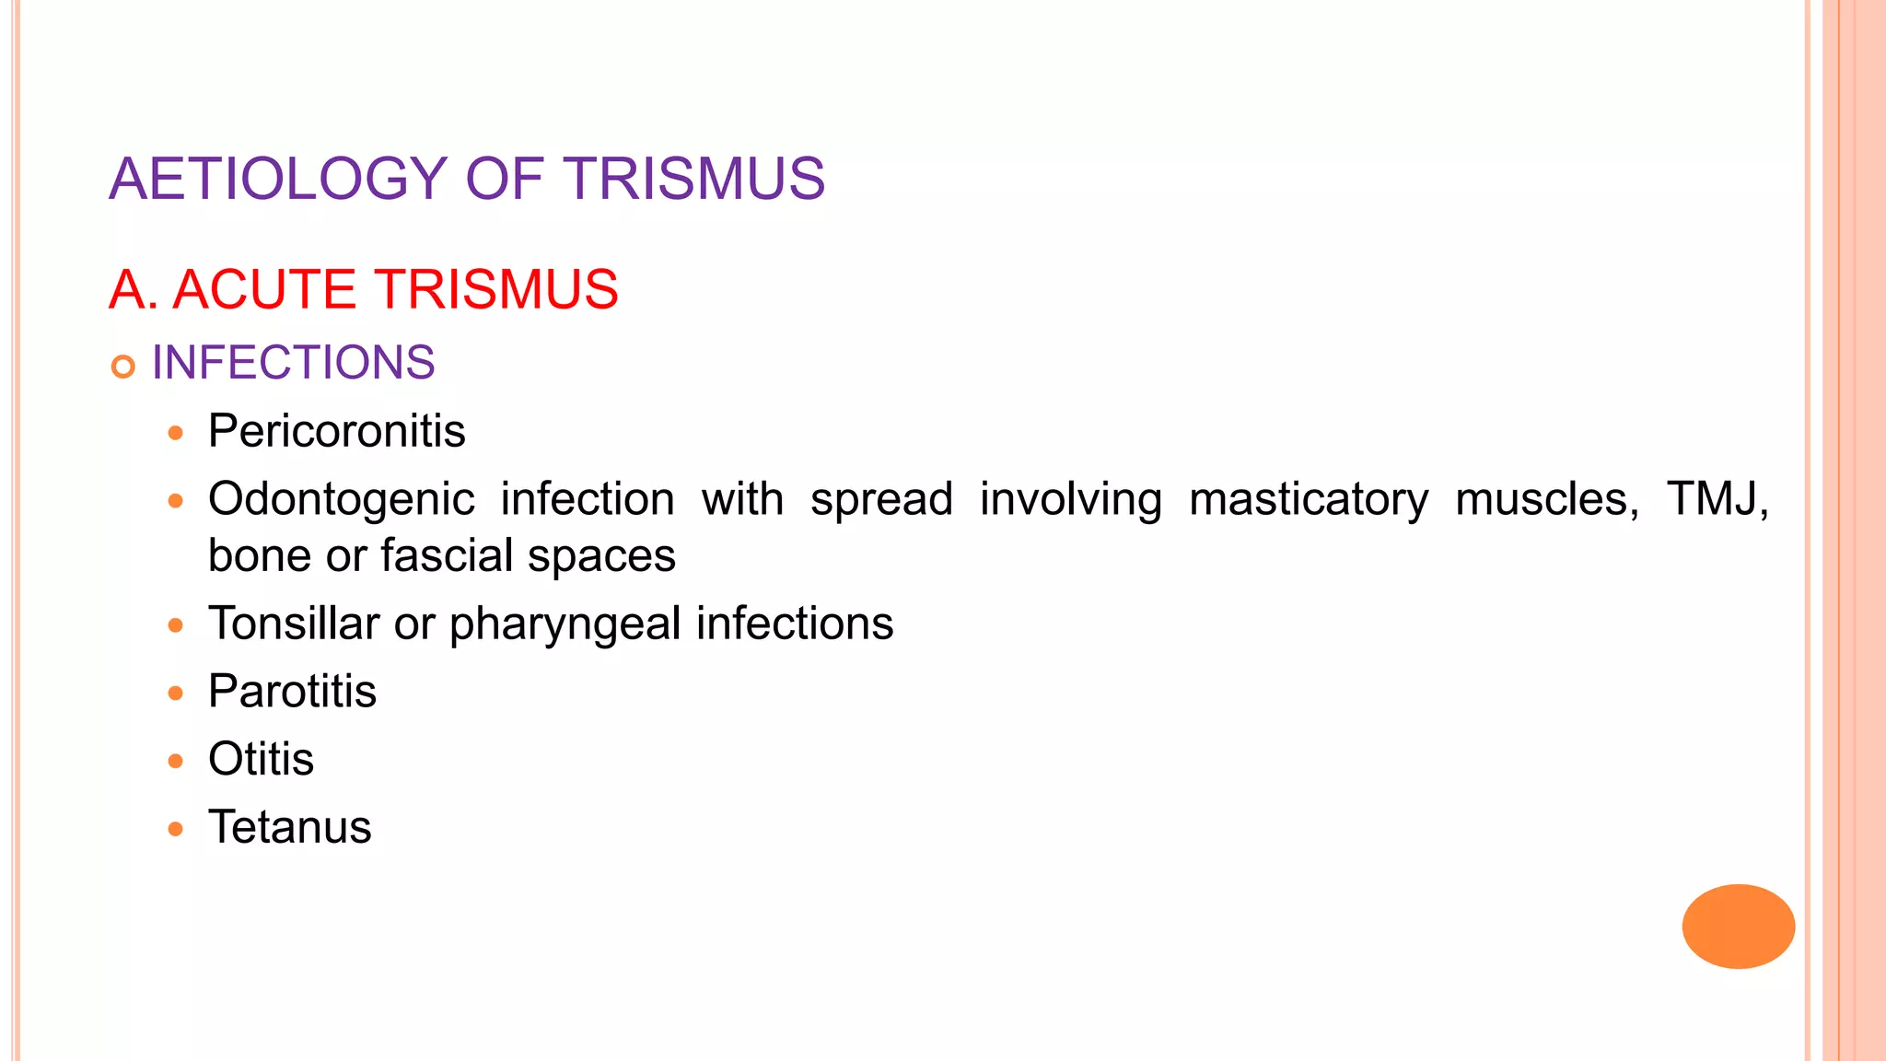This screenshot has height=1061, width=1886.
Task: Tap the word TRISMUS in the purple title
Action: click(694, 179)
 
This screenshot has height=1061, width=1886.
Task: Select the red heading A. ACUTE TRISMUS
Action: click(364, 289)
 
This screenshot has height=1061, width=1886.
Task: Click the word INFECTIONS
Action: click(293, 363)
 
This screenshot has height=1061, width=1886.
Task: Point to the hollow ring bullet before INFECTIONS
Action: click(122, 367)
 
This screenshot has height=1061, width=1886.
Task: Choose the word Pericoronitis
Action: click(337, 431)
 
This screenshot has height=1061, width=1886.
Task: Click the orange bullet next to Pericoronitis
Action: click(176, 433)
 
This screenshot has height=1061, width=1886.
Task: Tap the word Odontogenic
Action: click(342, 500)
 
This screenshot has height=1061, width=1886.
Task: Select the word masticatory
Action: click(1309, 500)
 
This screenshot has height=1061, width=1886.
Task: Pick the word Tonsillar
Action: click(294, 624)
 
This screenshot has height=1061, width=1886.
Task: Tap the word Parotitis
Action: click(292, 692)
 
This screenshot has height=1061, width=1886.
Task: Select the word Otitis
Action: click(261, 760)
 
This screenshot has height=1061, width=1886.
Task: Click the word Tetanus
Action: click(289, 827)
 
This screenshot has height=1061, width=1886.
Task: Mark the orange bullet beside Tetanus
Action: click(176, 829)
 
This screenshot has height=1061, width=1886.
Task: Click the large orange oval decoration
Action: click(1738, 927)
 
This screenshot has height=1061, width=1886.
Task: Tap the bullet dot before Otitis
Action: click(176, 762)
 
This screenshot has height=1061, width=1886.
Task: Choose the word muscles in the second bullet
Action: click(1547, 500)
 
